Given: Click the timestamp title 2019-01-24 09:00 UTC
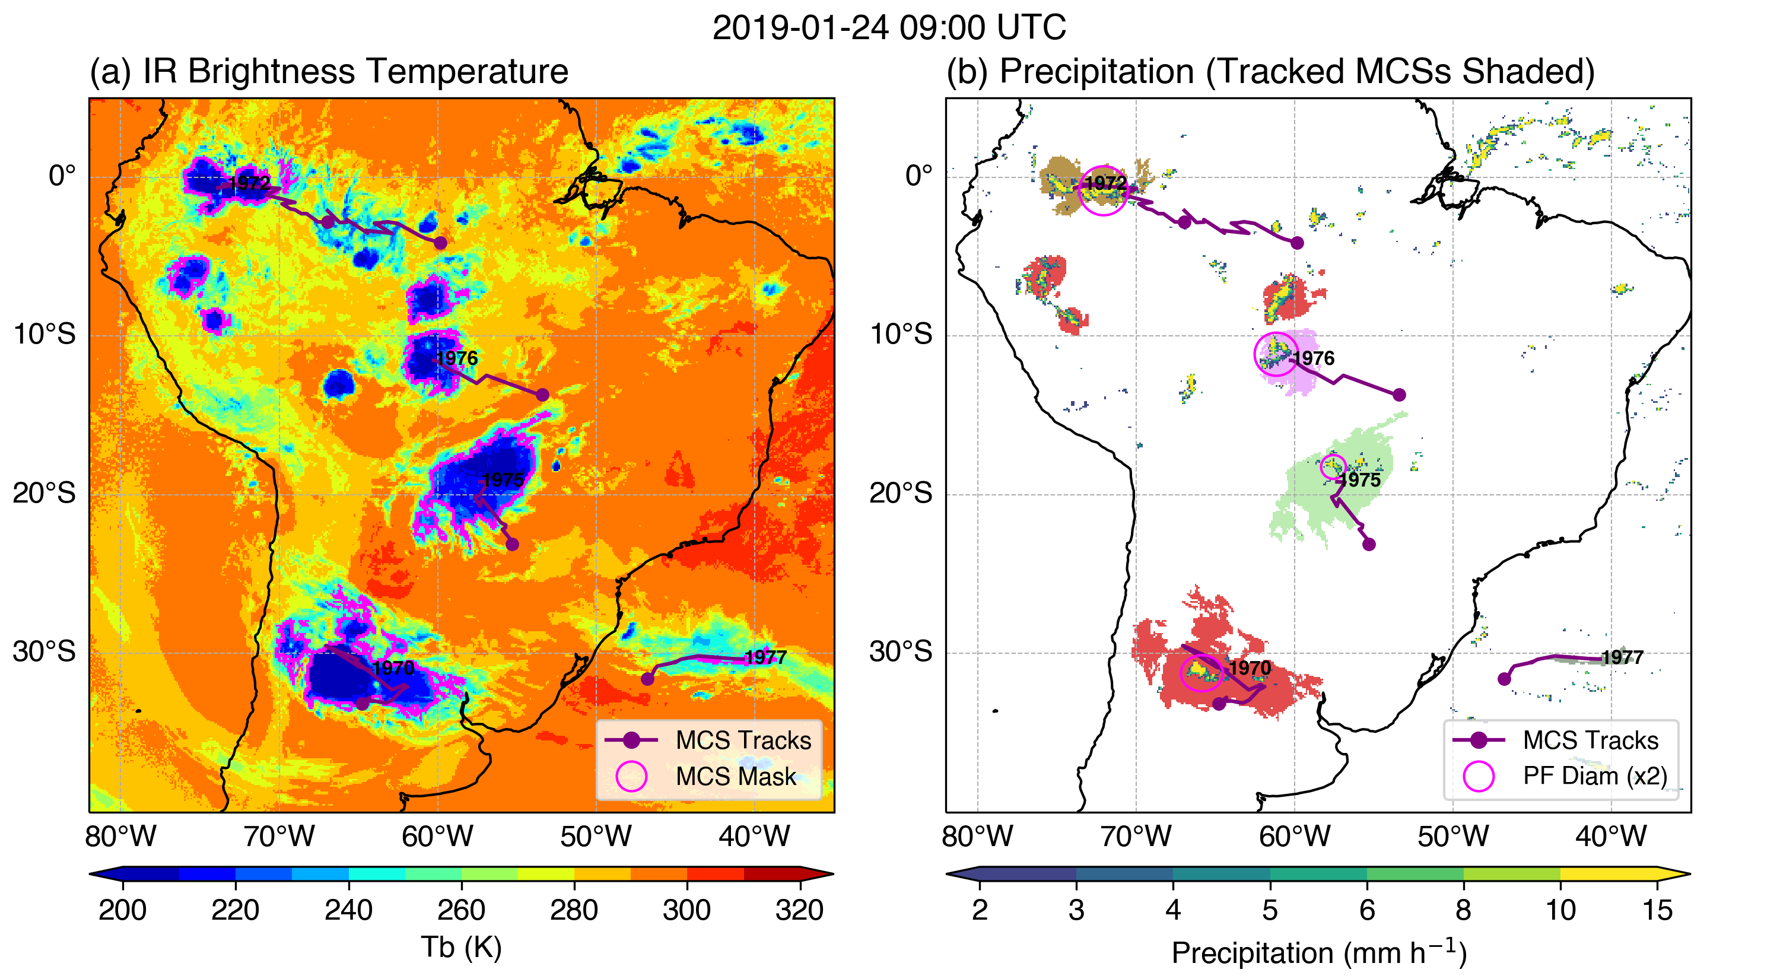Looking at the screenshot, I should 889,28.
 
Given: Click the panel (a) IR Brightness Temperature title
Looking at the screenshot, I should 329,71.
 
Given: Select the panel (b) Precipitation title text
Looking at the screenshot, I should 1270,71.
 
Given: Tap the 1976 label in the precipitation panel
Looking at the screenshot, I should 1314,358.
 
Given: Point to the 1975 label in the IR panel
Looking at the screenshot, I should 503,479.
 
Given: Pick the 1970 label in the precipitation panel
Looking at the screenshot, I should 1250,667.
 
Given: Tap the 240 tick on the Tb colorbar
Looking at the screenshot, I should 348,910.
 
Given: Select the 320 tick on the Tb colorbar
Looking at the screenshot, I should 799,910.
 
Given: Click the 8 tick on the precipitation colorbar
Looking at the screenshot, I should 1464,910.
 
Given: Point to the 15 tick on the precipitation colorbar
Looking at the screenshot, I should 1657,910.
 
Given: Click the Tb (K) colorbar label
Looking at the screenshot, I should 461,947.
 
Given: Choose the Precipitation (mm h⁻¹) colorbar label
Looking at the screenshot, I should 1318,953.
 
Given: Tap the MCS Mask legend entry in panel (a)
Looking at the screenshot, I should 735,777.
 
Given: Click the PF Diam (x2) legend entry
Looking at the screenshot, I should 1595,776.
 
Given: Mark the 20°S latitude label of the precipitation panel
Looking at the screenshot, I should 900,493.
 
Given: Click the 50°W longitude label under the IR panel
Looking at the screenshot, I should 596,837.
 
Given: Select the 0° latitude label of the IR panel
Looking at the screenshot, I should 62,176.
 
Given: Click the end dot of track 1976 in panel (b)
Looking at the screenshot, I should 1399,395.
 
